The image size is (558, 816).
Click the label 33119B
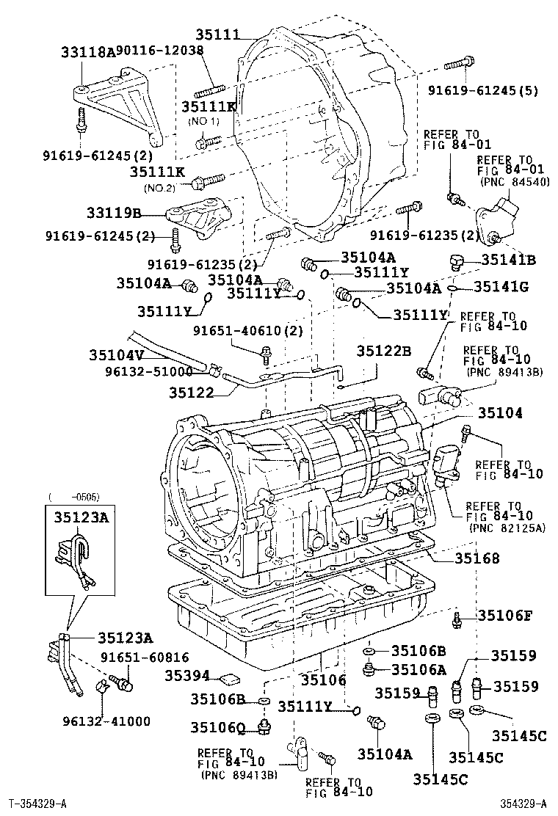pyautogui.click(x=115, y=214)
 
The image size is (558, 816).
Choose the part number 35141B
pyautogui.click(x=509, y=260)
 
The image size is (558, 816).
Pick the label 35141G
pyautogui.click(x=501, y=287)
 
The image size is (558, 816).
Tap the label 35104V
pyautogui.click(x=117, y=354)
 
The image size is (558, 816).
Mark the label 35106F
pyautogui.click(x=505, y=615)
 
